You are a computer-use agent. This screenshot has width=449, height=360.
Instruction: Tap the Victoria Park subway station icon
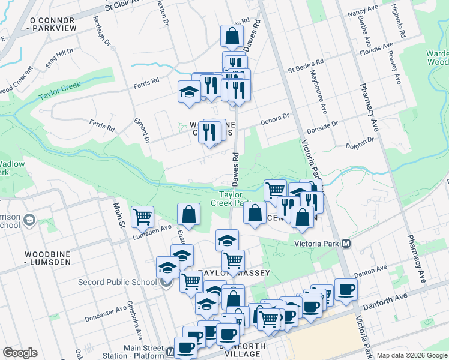coord(345,244)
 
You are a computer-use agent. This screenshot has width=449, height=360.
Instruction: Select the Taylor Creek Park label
coord(230,199)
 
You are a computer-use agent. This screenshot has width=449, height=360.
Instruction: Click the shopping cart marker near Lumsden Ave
coord(142,216)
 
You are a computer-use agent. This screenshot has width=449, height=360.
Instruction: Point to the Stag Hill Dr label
coord(59,58)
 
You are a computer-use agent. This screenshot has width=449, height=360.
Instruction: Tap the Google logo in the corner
coord(20,353)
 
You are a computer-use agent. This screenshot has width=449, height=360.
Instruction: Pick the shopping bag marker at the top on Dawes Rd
coord(232,35)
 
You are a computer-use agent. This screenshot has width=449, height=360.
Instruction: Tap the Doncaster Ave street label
coord(106,313)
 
